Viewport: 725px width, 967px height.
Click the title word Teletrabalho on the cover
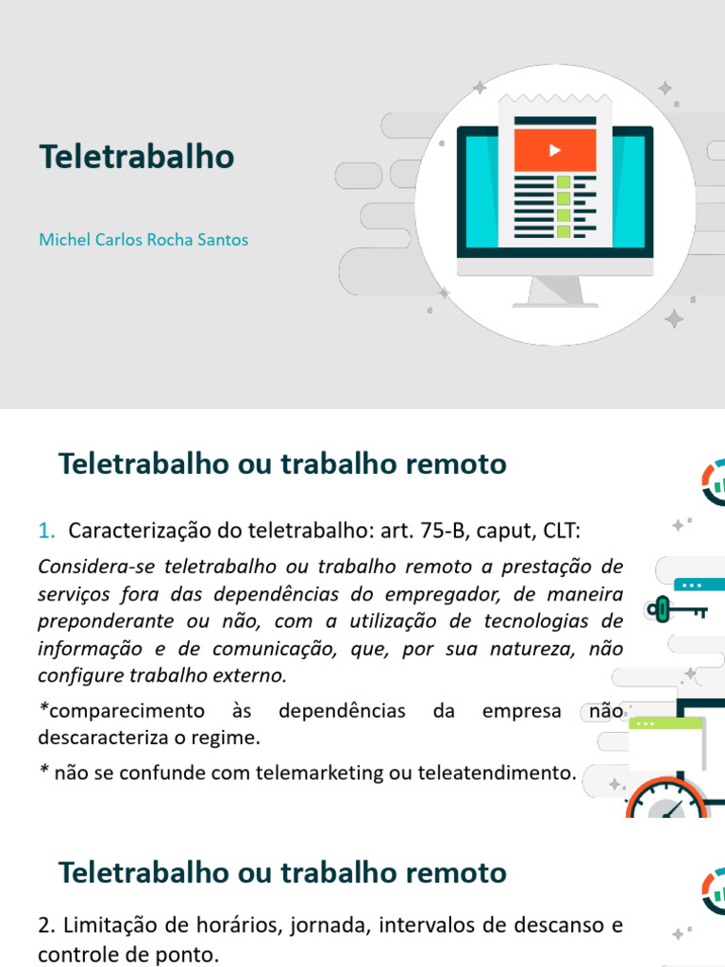[x=136, y=157]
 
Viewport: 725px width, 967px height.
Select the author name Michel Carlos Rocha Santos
[x=143, y=240]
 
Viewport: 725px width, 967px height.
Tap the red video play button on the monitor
[x=554, y=149]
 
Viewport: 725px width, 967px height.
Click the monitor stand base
[x=554, y=303]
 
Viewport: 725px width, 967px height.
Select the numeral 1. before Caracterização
[x=47, y=532]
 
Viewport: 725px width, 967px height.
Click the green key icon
[x=663, y=609]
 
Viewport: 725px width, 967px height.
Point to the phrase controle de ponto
[x=128, y=955]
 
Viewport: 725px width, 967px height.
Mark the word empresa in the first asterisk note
[x=521, y=710]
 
